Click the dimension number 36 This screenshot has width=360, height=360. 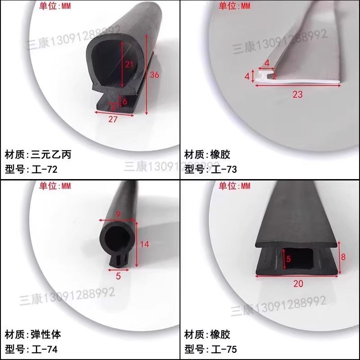(154, 75)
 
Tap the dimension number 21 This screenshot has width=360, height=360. (129, 64)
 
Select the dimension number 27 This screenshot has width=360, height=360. (113, 120)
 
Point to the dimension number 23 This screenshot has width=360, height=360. (297, 94)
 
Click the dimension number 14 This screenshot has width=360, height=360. (144, 244)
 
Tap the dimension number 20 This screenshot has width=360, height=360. (298, 283)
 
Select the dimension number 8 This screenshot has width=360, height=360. (343, 257)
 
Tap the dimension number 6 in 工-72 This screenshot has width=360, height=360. (125, 101)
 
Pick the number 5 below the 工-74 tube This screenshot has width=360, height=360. (118, 276)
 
